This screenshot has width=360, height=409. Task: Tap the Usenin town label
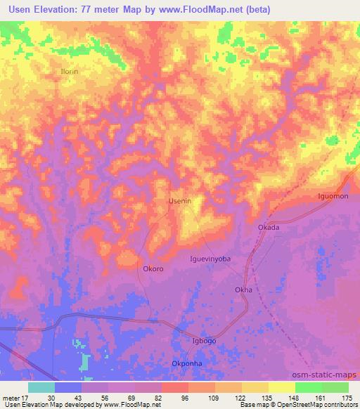pyautogui.click(x=180, y=201)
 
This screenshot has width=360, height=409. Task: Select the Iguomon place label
pyautogui.click(x=333, y=196)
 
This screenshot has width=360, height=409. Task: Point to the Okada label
pyautogui.click(x=269, y=227)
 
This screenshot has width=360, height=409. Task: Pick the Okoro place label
pyautogui.click(x=153, y=268)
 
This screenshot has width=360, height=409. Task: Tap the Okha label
pyautogui.click(x=243, y=290)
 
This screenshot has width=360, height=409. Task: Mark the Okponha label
pyautogui.click(x=188, y=363)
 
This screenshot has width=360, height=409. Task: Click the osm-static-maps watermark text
pyautogui.click(x=326, y=375)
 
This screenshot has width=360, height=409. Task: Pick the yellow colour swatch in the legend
pyautogui.click(x=281, y=387)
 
